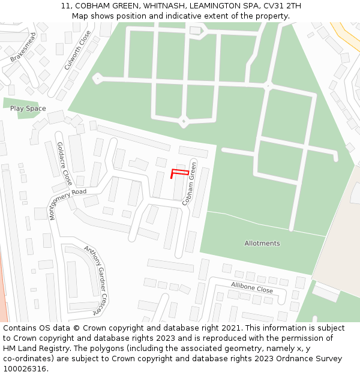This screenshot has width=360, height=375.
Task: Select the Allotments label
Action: pyautogui.click(x=262, y=243)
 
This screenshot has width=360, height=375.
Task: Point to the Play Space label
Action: pyautogui.click(x=28, y=109)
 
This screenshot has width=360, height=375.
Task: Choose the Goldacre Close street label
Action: pyautogui.click(x=64, y=163)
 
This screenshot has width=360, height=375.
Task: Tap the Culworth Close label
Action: pyautogui.click(x=77, y=50)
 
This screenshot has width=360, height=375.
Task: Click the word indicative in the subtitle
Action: pyautogui.click(x=207, y=16)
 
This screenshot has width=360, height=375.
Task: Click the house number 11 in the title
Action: pyautogui.click(x=65, y=6)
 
